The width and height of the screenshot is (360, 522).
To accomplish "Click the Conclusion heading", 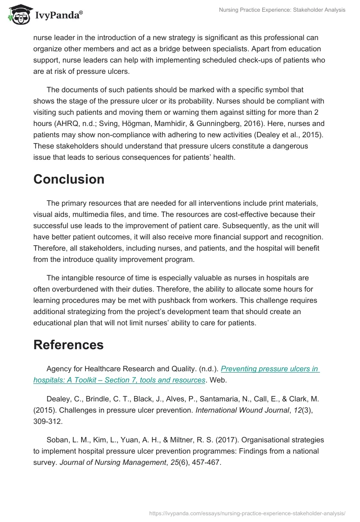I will (68, 179).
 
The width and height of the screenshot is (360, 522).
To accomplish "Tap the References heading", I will (68, 345).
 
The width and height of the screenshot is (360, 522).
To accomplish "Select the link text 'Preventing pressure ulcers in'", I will (270, 369).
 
